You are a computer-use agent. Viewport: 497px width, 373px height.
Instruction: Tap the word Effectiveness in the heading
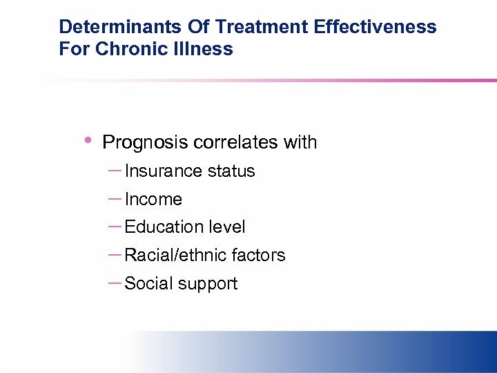[375, 27]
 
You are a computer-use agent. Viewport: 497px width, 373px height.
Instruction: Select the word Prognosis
[145, 143]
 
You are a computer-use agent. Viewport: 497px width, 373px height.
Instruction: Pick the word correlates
[235, 142]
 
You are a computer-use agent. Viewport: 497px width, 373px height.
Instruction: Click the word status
[233, 171]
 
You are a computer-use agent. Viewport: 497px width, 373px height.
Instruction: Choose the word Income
[153, 200]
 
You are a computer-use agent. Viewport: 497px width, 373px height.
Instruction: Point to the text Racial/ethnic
[175, 256]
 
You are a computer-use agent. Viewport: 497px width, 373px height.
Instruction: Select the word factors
[258, 256]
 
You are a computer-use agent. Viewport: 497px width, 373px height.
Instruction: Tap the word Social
[146, 284]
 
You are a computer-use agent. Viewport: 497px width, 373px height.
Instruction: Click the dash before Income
[115, 198]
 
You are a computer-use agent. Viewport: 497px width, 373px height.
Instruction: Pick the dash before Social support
[115, 283]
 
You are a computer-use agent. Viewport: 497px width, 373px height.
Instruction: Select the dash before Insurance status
[115, 169]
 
